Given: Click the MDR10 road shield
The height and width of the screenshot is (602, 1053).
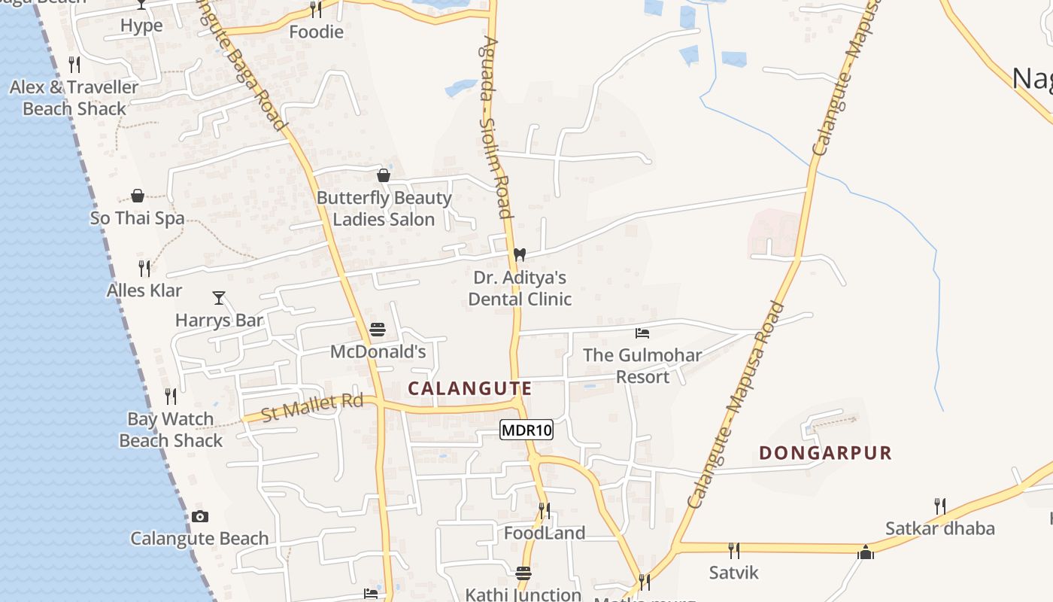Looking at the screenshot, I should click(x=526, y=430).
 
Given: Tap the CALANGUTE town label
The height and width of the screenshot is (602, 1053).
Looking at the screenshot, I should click(x=470, y=389).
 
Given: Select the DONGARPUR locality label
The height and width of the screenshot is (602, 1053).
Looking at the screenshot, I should click(x=825, y=453).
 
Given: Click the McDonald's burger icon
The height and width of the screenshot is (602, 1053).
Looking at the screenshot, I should click(x=378, y=330).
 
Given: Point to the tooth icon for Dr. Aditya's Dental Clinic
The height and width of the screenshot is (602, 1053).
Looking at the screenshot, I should click(x=519, y=255).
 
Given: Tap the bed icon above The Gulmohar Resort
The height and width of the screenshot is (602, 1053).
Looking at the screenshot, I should click(x=642, y=333).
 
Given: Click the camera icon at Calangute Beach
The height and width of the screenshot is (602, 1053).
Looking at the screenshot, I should click(x=199, y=516).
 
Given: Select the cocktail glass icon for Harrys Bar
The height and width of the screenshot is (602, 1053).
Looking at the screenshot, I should click(x=219, y=298).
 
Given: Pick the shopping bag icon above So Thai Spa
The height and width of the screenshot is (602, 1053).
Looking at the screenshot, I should click(x=138, y=196).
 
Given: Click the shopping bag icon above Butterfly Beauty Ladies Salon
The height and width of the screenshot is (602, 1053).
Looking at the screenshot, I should click(x=384, y=175).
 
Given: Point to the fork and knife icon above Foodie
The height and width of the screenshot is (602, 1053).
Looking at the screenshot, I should click(x=316, y=9).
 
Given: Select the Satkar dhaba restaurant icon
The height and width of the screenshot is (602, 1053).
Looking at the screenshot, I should click(x=939, y=506).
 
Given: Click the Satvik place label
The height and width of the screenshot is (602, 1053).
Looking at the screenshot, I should click(x=734, y=573).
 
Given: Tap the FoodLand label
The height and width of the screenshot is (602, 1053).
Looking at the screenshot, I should click(x=545, y=534).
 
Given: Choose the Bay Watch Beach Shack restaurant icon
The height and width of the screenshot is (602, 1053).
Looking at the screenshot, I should click(x=171, y=397).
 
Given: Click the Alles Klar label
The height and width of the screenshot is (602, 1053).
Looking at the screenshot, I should click(x=144, y=290).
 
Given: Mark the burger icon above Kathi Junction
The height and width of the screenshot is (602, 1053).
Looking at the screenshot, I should click(x=523, y=573).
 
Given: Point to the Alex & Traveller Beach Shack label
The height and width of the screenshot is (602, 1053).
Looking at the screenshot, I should click(x=74, y=98).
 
